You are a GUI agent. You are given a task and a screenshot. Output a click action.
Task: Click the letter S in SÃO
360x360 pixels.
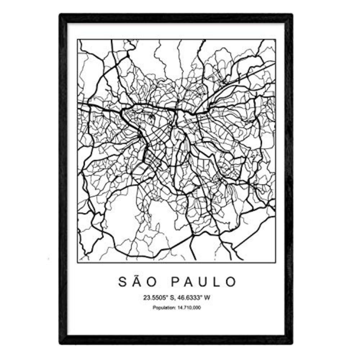coord(122,282)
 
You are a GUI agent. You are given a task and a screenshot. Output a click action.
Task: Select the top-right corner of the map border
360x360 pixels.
coord(275,39)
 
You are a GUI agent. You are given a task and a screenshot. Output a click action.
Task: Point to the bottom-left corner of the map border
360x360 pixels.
coord(77,261)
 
